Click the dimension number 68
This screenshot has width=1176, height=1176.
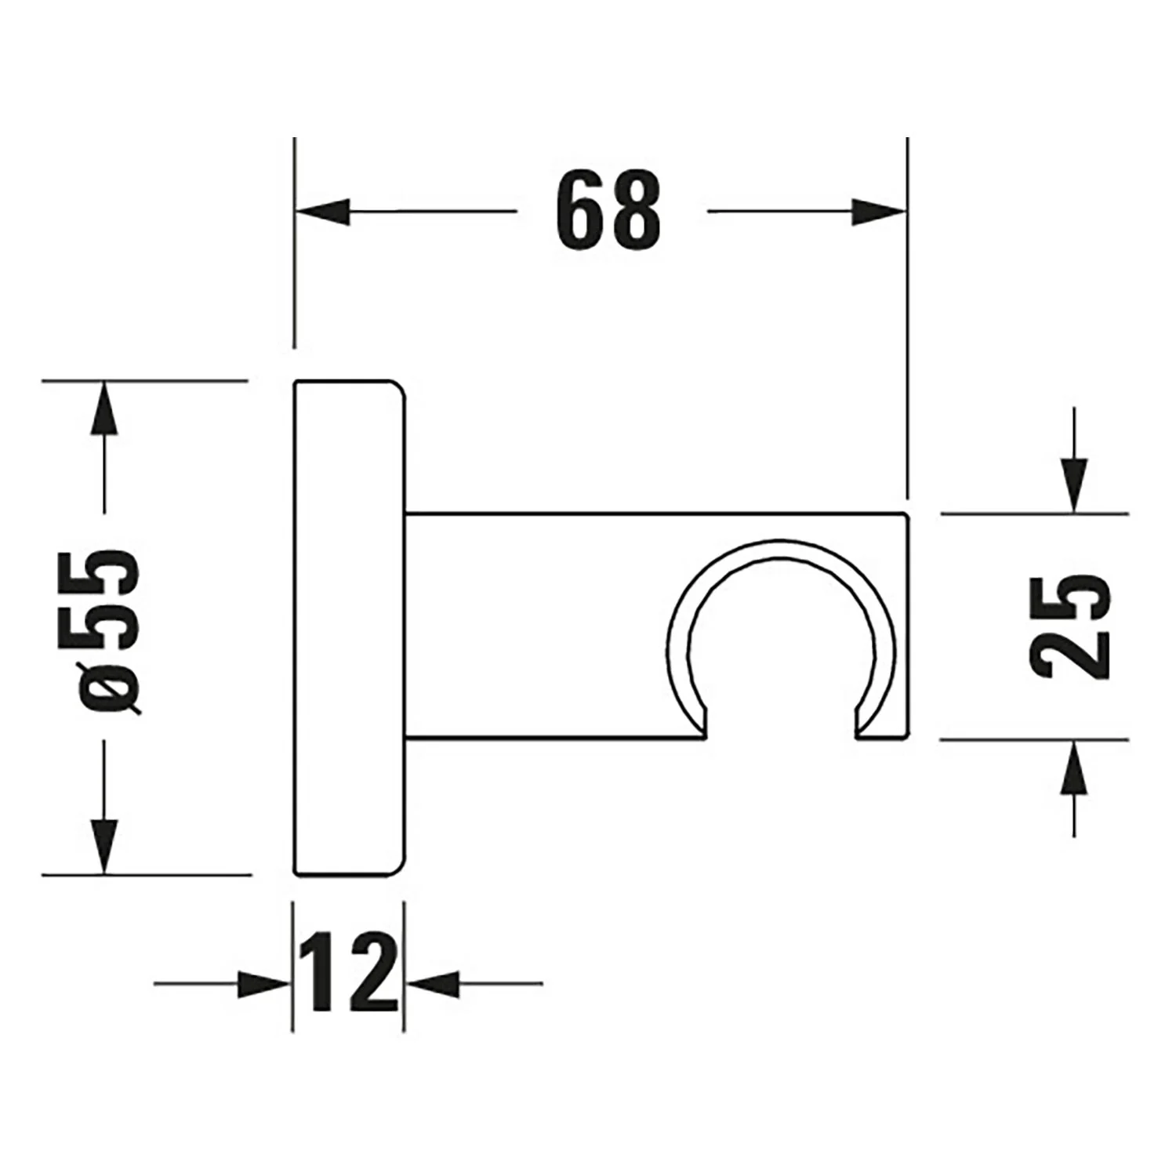click(608, 212)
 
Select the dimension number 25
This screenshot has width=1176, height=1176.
click(1071, 626)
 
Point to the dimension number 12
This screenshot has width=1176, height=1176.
click(350, 973)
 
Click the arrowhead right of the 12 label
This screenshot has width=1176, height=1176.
click(434, 983)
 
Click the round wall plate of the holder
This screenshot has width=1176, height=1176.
click(350, 627)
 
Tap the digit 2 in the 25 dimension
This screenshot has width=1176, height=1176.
click(1071, 655)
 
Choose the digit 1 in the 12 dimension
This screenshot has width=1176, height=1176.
click(321, 973)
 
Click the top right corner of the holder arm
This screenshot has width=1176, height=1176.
click(906, 515)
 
